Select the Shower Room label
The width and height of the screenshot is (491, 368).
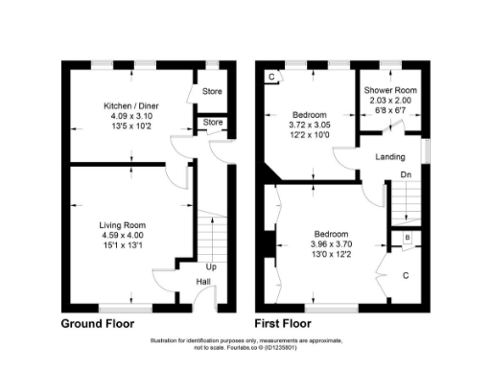pos(388,91)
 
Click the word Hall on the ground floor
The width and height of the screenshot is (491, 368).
pos(204,282)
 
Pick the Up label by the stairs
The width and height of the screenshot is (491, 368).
pos(210,266)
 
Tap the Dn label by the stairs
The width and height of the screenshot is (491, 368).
pos(406,174)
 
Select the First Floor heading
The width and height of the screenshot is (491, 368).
pos(288,324)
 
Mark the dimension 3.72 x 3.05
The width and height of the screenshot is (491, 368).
pos(309,125)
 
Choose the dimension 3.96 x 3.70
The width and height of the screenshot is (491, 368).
pos(333,243)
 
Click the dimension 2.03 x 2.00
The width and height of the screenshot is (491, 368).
pos(388,101)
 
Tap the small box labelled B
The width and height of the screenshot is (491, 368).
pos(407,238)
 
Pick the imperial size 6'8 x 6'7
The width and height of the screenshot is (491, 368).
pos(388,110)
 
